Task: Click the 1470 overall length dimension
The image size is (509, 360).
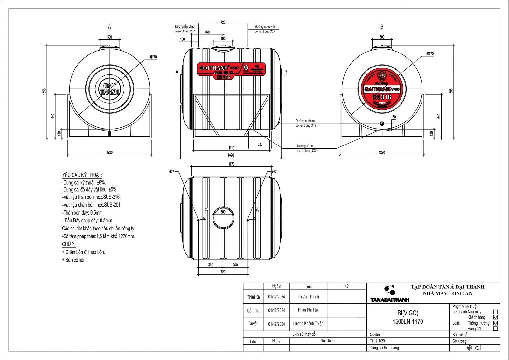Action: (x=231, y=155)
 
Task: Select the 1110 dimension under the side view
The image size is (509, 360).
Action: (x=231, y=148)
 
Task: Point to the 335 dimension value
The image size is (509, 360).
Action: (x=260, y=145)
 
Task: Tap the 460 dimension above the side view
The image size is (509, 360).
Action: (x=207, y=32)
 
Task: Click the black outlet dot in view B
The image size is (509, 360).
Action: (x=382, y=124)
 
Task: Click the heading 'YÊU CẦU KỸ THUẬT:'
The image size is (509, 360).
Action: (x=82, y=175)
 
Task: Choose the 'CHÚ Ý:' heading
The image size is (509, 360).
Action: (x=69, y=244)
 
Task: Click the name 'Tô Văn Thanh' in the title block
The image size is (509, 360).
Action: (x=308, y=297)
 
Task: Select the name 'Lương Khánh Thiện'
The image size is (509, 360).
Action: (x=308, y=324)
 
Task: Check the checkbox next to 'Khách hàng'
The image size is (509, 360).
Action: (x=495, y=317)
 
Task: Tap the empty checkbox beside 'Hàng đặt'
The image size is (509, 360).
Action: (x=495, y=329)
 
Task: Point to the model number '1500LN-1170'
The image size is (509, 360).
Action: (x=408, y=322)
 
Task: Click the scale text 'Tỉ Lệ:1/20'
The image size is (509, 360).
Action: (x=377, y=341)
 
